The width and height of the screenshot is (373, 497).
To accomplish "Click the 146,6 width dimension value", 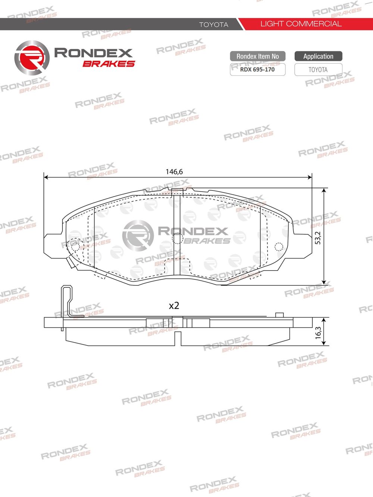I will tap(174, 172).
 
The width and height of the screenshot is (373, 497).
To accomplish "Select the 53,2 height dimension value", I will tap(318, 238).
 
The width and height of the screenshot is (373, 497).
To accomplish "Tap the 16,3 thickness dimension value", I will tap(318, 332).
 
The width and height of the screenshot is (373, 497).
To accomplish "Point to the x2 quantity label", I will tap(174, 306).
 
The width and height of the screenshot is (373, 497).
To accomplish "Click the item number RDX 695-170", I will tap(257, 70).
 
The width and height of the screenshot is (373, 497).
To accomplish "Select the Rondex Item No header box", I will tap(257, 56).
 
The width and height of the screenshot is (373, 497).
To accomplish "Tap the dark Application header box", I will tap(318, 56).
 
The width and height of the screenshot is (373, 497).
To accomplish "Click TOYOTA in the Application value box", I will tap(318, 70).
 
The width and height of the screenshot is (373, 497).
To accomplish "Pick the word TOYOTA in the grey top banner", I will tap(213, 25).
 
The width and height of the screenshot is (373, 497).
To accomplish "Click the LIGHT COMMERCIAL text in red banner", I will tap(301, 24).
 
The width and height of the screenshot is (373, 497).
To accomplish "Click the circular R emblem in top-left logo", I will tap(32, 58).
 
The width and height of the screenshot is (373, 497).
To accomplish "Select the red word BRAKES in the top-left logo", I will tap(109, 64).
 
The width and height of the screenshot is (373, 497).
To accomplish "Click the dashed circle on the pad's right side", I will tap(279, 246).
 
